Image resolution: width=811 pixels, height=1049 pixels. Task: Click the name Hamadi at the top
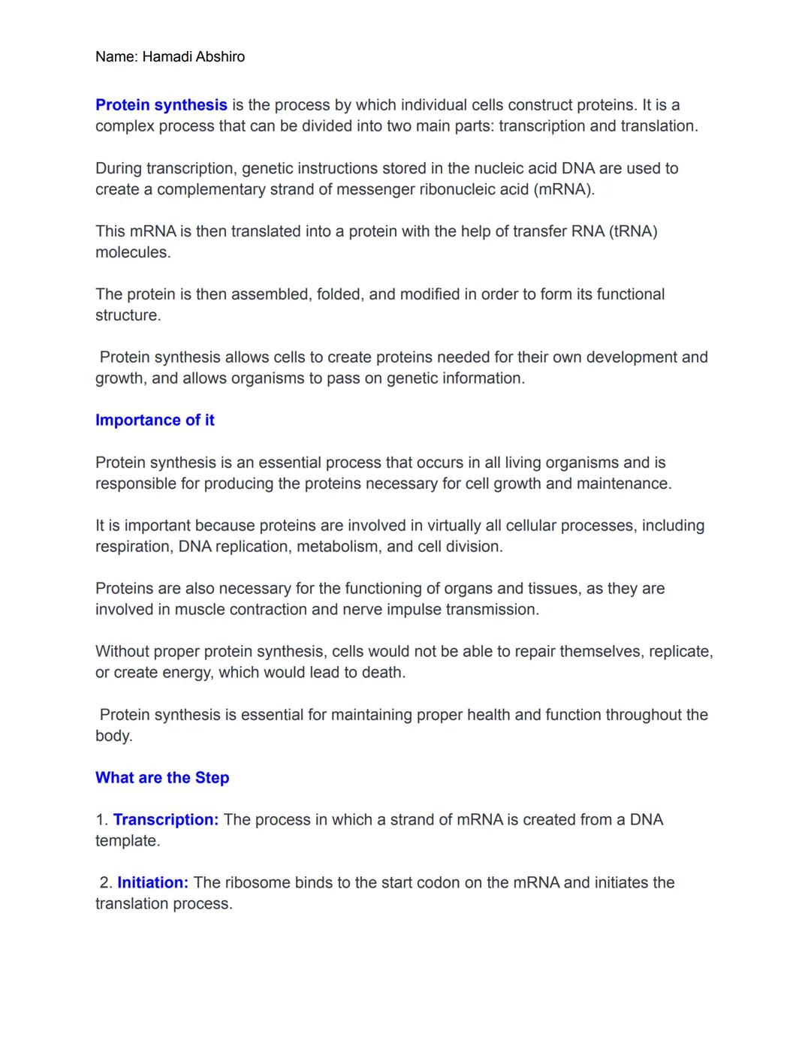167,57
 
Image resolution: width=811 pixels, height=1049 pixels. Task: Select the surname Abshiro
220,57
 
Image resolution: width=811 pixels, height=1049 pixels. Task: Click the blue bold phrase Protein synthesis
161,105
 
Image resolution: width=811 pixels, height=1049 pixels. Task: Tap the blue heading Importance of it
155,421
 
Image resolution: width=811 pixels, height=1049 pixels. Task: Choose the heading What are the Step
162,778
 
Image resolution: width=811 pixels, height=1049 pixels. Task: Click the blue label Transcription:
166,820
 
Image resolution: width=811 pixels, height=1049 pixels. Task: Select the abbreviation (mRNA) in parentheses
564,189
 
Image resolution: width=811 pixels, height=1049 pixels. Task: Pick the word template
127,841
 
